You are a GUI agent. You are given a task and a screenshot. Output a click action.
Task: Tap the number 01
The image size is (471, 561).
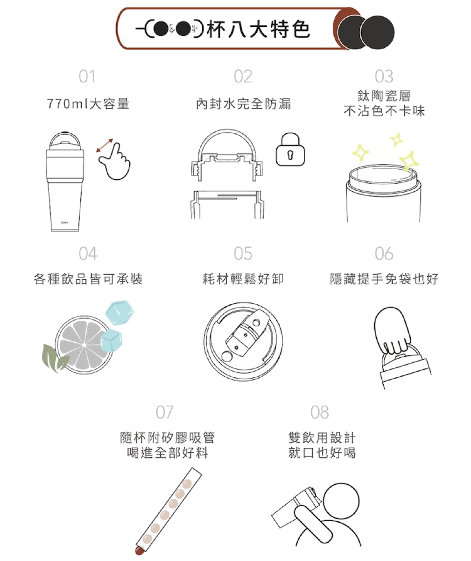(x=87, y=76)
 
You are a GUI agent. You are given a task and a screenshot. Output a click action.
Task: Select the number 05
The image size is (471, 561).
(x=243, y=254)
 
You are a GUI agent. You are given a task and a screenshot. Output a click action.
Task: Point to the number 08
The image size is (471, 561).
(x=320, y=412)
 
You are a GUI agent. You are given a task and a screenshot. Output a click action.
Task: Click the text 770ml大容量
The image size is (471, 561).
(x=88, y=104)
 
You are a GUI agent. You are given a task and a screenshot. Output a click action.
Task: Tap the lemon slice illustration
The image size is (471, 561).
(x=84, y=345)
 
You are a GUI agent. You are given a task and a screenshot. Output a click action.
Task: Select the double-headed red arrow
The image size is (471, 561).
(x=105, y=145)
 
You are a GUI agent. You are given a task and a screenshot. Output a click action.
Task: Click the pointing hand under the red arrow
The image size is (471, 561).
(x=116, y=164)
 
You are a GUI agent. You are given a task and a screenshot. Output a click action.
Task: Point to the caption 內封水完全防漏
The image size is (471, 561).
(x=243, y=104)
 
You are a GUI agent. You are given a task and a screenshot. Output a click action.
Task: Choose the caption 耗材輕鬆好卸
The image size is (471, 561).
(x=243, y=279)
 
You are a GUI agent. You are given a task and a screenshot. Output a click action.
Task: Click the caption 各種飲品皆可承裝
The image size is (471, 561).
(x=88, y=279)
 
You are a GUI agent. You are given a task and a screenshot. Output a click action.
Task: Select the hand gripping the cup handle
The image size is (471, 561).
(x=393, y=330)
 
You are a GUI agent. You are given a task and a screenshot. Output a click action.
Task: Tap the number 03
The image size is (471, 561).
(x=384, y=76)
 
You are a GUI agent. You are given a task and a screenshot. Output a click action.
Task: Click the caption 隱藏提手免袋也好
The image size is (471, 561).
(x=384, y=279)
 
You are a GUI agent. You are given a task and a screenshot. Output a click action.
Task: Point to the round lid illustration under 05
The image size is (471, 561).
(x=243, y=341)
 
